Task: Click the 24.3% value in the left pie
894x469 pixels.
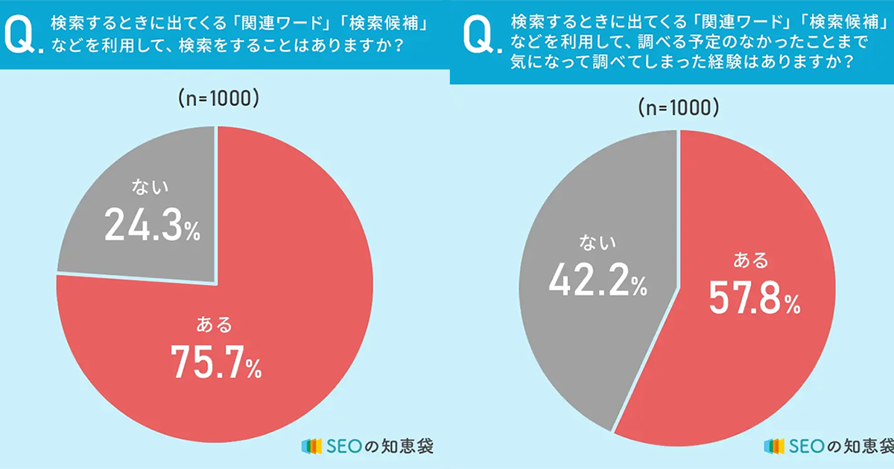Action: coord(152,225)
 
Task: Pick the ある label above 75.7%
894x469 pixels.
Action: coord(215,325)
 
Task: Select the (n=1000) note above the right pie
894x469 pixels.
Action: coord(679,108)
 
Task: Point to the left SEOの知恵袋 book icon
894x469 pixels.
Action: coord(311,446)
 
